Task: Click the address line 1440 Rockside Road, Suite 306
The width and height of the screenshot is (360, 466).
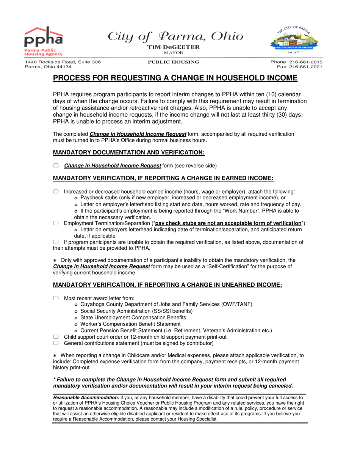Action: pyautogui.click(x=63, y=62)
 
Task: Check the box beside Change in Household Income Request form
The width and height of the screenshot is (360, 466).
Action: pyautogui.click(x=56, y=166)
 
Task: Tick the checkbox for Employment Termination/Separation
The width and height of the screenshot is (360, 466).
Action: pyautogui.click(x=56, y=224)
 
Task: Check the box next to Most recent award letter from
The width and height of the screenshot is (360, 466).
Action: pyautogui.click(x=56, y=298)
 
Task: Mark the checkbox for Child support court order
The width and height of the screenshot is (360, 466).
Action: pyautogui.click(x=56, y=337)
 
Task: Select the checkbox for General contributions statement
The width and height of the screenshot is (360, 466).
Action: pyautogui.click(x=56, y=343)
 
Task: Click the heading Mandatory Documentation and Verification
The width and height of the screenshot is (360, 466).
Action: pyautogui.click(x=129, y=152)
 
